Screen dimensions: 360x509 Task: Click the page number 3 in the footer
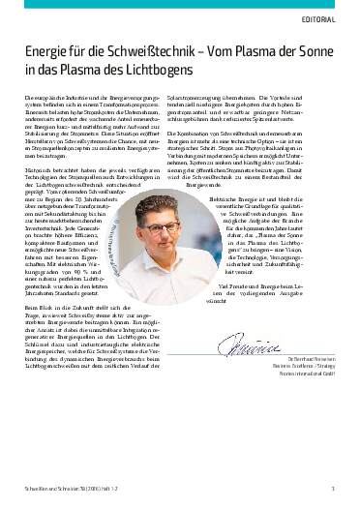(333, 490)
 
